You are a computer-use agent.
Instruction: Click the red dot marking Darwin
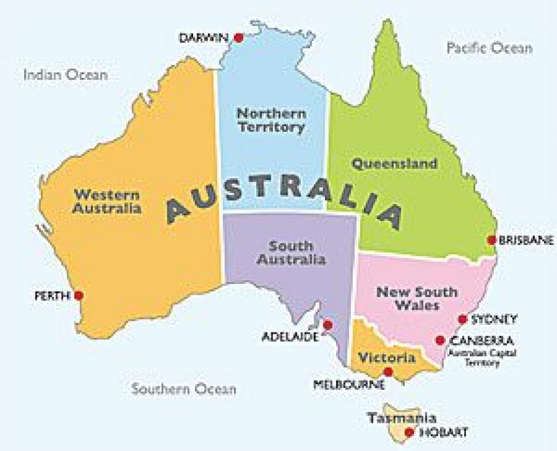pyautogui.click(x=238, y=38)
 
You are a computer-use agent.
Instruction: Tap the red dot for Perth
pyautogui.click(x=79, y=295)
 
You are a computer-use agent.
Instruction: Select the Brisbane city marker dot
pyautogui.click(x=492, y=240)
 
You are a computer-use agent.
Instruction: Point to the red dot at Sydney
pyautogui.click(x=462, y=319)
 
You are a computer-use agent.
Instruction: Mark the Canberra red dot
pyautogui.click(x=440, y=341)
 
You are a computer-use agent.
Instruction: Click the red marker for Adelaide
pyautogui.click(x=327, y=325)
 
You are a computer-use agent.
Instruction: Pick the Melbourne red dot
pyautogui.click(x=388, y=372)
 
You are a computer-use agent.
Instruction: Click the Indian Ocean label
pyautogui.click(x=65, y=75)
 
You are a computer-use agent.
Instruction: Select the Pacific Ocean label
pyautogui.click(x=490, y=48)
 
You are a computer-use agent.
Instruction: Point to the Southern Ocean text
pyautogui.click(x=184, y=389)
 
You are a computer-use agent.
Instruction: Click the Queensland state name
pyautogui.click(x=394, y=164)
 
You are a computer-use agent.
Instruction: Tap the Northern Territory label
pyautogui.click(x=271, y=121)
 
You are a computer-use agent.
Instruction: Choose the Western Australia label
pyautogui.click(x=107, y=201)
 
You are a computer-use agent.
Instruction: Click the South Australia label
pyautogui.click(x=292, y=253)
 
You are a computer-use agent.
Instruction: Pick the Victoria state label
pyautogui.click(x=387, y=358)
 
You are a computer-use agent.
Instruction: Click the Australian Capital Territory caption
pyautogui.click(x=481, y=358)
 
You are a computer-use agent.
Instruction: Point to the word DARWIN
pyautogui.click(x=205, y=38)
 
